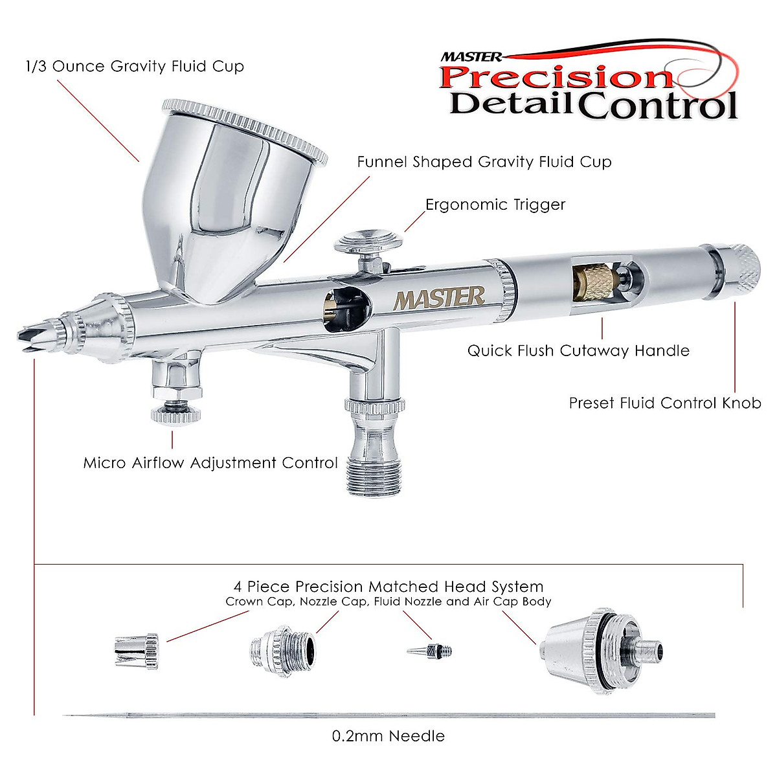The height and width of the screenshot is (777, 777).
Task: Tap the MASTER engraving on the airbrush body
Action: (439, 298)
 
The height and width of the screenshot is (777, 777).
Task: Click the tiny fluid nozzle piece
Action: (430, 650)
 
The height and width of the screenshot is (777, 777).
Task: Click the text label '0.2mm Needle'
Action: (388, 736)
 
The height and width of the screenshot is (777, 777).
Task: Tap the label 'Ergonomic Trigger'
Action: (495, 205)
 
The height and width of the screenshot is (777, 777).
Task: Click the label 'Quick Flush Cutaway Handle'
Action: (578, 351)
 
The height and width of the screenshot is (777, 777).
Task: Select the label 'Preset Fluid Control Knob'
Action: (665, 403)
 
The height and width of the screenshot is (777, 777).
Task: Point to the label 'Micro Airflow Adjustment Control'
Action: (210, 463)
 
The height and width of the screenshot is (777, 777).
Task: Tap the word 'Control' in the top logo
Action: (657, 105)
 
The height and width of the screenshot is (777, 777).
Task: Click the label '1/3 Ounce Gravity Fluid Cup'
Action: (135, 66)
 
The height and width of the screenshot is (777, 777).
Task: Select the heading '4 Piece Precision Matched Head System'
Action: (388, 587)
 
